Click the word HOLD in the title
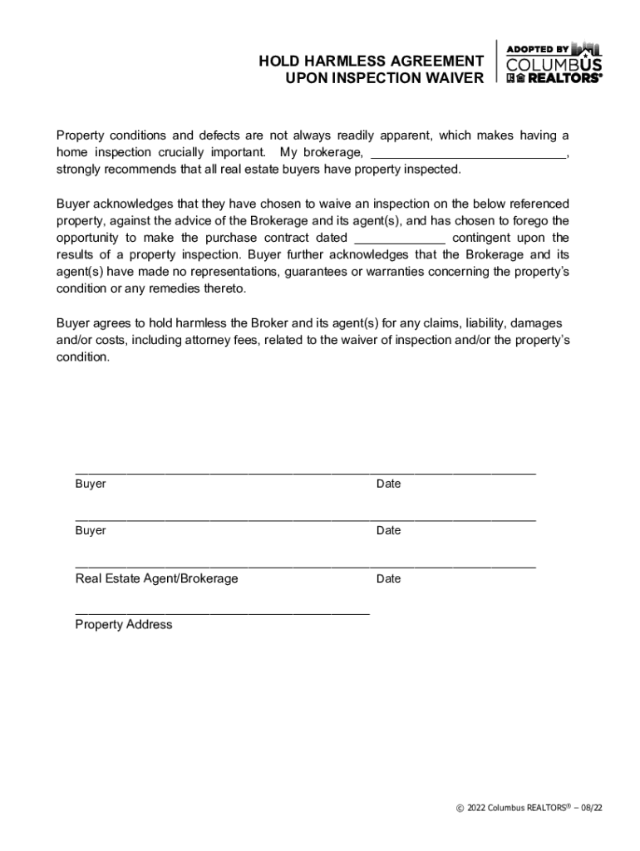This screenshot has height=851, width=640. [278, 61]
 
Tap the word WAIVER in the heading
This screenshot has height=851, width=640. [455, 78]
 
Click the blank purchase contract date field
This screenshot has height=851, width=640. [400, 237]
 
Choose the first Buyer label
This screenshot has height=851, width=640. [91, 484]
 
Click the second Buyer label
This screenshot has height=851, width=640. [91, 530]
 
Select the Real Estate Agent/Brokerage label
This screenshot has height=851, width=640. [156, 578]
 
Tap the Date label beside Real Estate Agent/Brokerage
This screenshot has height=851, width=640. [388, 578]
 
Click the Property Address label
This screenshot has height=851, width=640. [124, 625]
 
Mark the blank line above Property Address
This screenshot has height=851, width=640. [222, 612]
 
